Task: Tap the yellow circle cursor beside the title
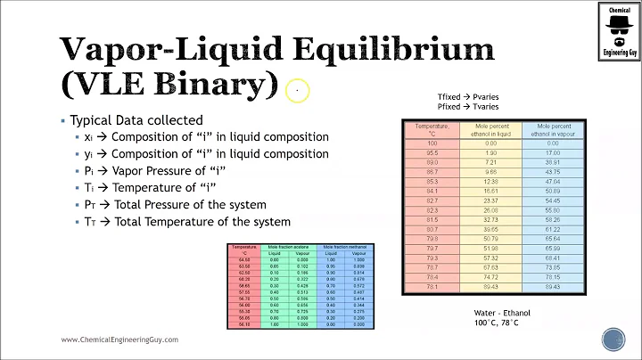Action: [298, 90]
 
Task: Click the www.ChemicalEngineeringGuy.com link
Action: [119, 340]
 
